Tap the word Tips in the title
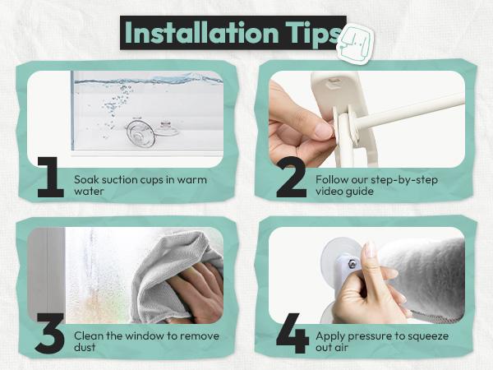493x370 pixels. pos(314,34)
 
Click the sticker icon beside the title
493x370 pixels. pos(356,44)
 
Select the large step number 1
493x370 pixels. pos(51,177)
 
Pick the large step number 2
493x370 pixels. pos(292,177)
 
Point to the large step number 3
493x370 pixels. pos(50,333)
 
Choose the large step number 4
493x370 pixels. pos(293,333)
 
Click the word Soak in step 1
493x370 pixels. pos(86,179)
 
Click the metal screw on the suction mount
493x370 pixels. pos(352,264)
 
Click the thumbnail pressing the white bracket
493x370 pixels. pos(324,130)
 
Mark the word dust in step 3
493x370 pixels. pos(85,347)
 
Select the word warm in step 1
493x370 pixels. pos(191,179)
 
